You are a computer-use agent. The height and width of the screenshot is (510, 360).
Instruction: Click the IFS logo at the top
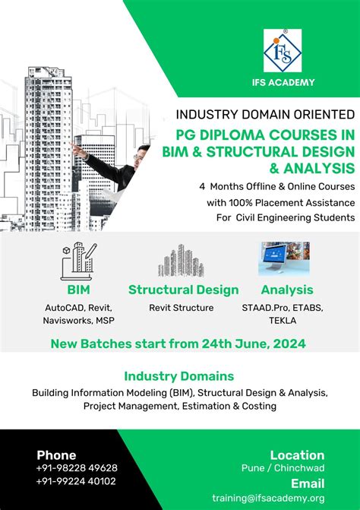283,51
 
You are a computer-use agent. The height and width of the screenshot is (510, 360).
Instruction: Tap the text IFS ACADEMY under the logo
283,82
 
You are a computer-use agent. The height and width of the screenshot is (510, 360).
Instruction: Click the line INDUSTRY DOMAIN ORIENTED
265,115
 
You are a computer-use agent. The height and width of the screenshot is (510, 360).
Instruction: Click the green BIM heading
78,290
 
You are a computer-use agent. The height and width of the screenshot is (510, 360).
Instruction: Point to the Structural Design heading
183,290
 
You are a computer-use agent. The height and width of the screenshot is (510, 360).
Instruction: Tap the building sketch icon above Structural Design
181,261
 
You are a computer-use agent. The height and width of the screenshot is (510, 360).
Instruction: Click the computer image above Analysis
284,259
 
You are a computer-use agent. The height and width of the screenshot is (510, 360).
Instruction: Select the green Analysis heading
287,290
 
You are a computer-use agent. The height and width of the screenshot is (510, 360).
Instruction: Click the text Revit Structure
182,308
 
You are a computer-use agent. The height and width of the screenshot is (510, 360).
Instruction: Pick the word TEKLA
286,321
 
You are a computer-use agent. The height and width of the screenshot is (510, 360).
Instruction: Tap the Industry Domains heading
179,376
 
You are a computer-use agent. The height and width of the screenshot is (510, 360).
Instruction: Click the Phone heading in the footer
56,455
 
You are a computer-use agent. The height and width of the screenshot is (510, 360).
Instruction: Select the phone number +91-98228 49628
77,468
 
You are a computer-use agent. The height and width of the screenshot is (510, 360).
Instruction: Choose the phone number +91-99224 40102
76,481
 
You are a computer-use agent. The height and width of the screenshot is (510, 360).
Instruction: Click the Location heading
297,455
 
